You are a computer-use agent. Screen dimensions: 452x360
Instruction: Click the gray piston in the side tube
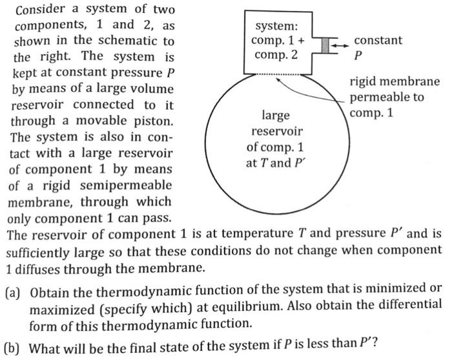point(325,44)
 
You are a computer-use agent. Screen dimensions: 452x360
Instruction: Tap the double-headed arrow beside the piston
point(340,44)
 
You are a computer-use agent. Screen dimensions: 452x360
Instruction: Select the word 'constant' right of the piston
point(378,40)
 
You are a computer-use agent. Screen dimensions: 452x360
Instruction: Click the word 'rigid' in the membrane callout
point(364,83)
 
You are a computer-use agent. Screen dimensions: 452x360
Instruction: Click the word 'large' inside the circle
point(274,116)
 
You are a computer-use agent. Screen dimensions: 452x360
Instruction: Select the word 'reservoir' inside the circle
point(274,132)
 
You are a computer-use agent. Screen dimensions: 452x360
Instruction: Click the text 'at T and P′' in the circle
point(274,163)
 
